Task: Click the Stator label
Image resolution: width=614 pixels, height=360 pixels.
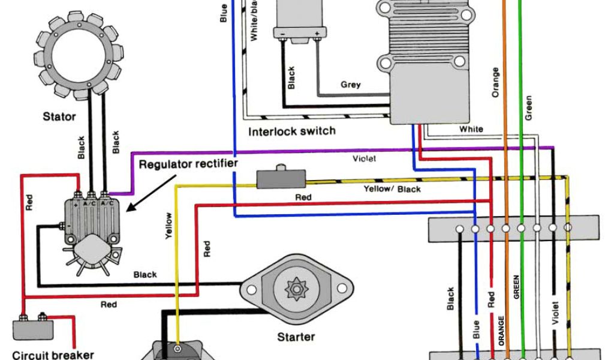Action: tap(59, 116)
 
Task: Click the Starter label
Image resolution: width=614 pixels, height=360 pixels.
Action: tap(296, 337)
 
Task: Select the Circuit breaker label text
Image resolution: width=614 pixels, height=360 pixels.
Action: tap(53, 355)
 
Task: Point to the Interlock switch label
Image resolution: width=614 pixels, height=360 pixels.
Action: tap(292, 131)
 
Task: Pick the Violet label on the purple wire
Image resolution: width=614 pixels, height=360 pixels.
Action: tap(364, 159)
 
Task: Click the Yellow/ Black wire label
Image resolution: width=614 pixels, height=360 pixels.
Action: tap(392, 189)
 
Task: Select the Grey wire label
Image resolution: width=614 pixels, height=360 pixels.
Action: tap(351, 85)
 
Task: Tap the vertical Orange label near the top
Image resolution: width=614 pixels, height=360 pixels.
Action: tap(495, 82)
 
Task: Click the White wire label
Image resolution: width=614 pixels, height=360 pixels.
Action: tap(471, 129)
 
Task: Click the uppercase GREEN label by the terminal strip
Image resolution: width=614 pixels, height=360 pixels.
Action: tap(516, 287)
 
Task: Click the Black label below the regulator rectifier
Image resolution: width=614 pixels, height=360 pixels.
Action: tap(145, 275)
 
